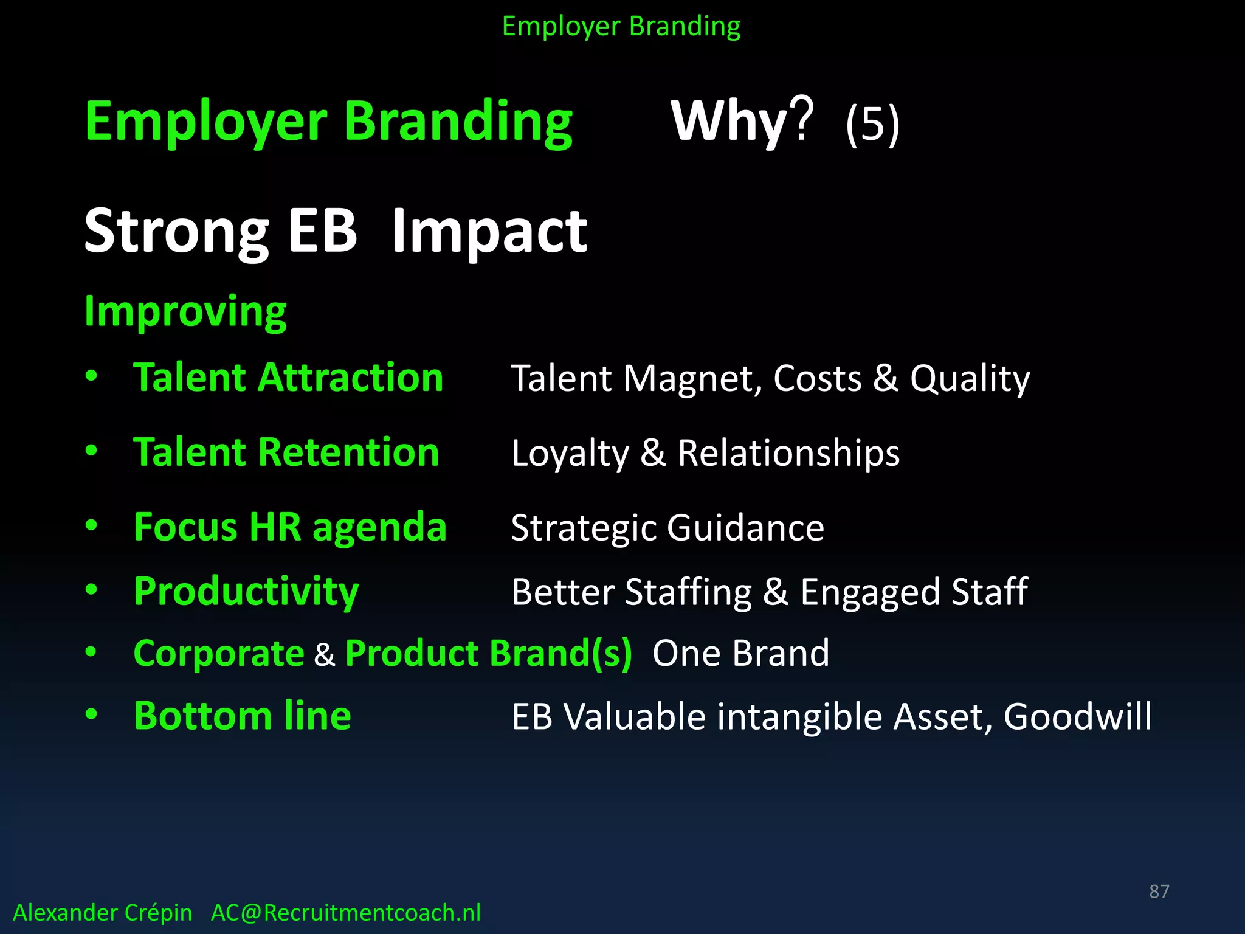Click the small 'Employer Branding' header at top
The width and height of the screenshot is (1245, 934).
pyautogui.click(x=621, y=27)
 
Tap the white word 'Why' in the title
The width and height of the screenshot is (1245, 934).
pyautogui.click(x=729, y=122)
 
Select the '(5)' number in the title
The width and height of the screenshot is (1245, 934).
pyautogui.click(x=872, y=124)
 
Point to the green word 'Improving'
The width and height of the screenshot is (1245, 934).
pyautogui.click(x=185, y=312)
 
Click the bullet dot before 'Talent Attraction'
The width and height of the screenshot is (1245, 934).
pyautogui.click(x=91, y=376)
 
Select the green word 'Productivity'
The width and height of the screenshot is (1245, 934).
pyautogui.click(x=246, y=592)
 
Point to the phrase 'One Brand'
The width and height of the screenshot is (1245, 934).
pyautogui.click(x=740, y=654)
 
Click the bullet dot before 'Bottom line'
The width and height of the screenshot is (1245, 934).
pyautogui.click(x=91, y=714)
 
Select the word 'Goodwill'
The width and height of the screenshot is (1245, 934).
pyautogui.click(x=1077, y=716)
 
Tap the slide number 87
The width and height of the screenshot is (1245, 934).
pyautogui.click(x=1159, y=891)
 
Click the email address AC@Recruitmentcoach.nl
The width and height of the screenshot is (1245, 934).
pyautogui.click(x=345, y=913)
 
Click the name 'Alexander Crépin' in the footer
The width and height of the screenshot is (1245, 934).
pyautogui.click(x=102, y=913)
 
